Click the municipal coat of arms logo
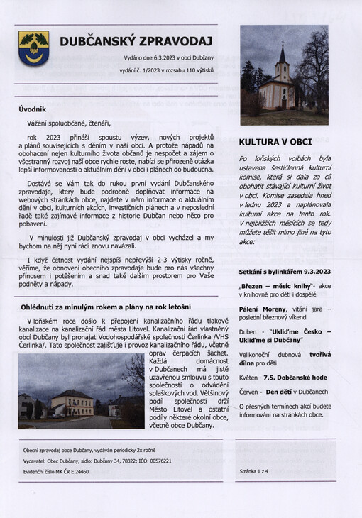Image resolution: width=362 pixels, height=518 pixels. pyautogui.click(x=33, y=48)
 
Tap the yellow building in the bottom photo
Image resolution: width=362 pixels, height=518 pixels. pyautogui.click(x=71, y=404)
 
